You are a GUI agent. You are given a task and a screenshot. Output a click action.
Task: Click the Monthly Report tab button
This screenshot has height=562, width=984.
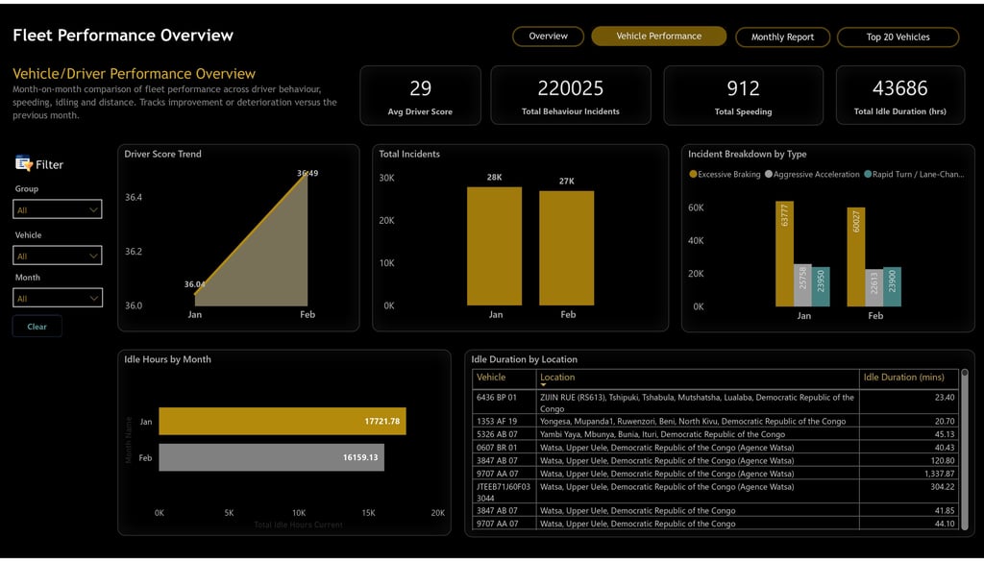click(782, 37)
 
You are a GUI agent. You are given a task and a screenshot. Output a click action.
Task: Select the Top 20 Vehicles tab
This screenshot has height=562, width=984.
click(898, 37)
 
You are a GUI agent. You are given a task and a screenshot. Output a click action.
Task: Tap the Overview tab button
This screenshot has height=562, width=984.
click(548, 37)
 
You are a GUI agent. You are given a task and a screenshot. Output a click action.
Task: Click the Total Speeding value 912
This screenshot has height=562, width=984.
click(743, 88)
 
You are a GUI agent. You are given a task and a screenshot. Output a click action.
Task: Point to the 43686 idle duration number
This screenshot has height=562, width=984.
click(899, 88)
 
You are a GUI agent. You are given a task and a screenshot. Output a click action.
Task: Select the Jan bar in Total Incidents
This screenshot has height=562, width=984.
click(495, 246)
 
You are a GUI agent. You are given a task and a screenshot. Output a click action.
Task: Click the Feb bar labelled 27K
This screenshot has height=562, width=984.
click(567, 248)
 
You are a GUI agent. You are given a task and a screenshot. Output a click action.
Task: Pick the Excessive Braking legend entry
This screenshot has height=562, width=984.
click(726, 175)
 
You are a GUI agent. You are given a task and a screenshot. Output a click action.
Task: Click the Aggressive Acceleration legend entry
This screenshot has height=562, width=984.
click(812, 175)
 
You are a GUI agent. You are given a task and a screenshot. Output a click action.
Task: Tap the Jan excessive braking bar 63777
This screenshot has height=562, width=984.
click(785, 254)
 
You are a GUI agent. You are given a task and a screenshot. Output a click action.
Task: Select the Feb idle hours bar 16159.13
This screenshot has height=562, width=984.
click(271, 457)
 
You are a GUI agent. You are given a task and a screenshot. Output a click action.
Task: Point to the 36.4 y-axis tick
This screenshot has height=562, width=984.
click(133, 198)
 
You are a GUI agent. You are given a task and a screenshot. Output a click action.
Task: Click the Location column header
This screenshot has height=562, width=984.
click(557, 378)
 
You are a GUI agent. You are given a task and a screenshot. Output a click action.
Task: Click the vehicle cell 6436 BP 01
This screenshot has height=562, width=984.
click(497, 397)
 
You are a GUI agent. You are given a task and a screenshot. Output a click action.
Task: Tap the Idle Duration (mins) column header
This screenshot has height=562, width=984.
click(904, 378)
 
